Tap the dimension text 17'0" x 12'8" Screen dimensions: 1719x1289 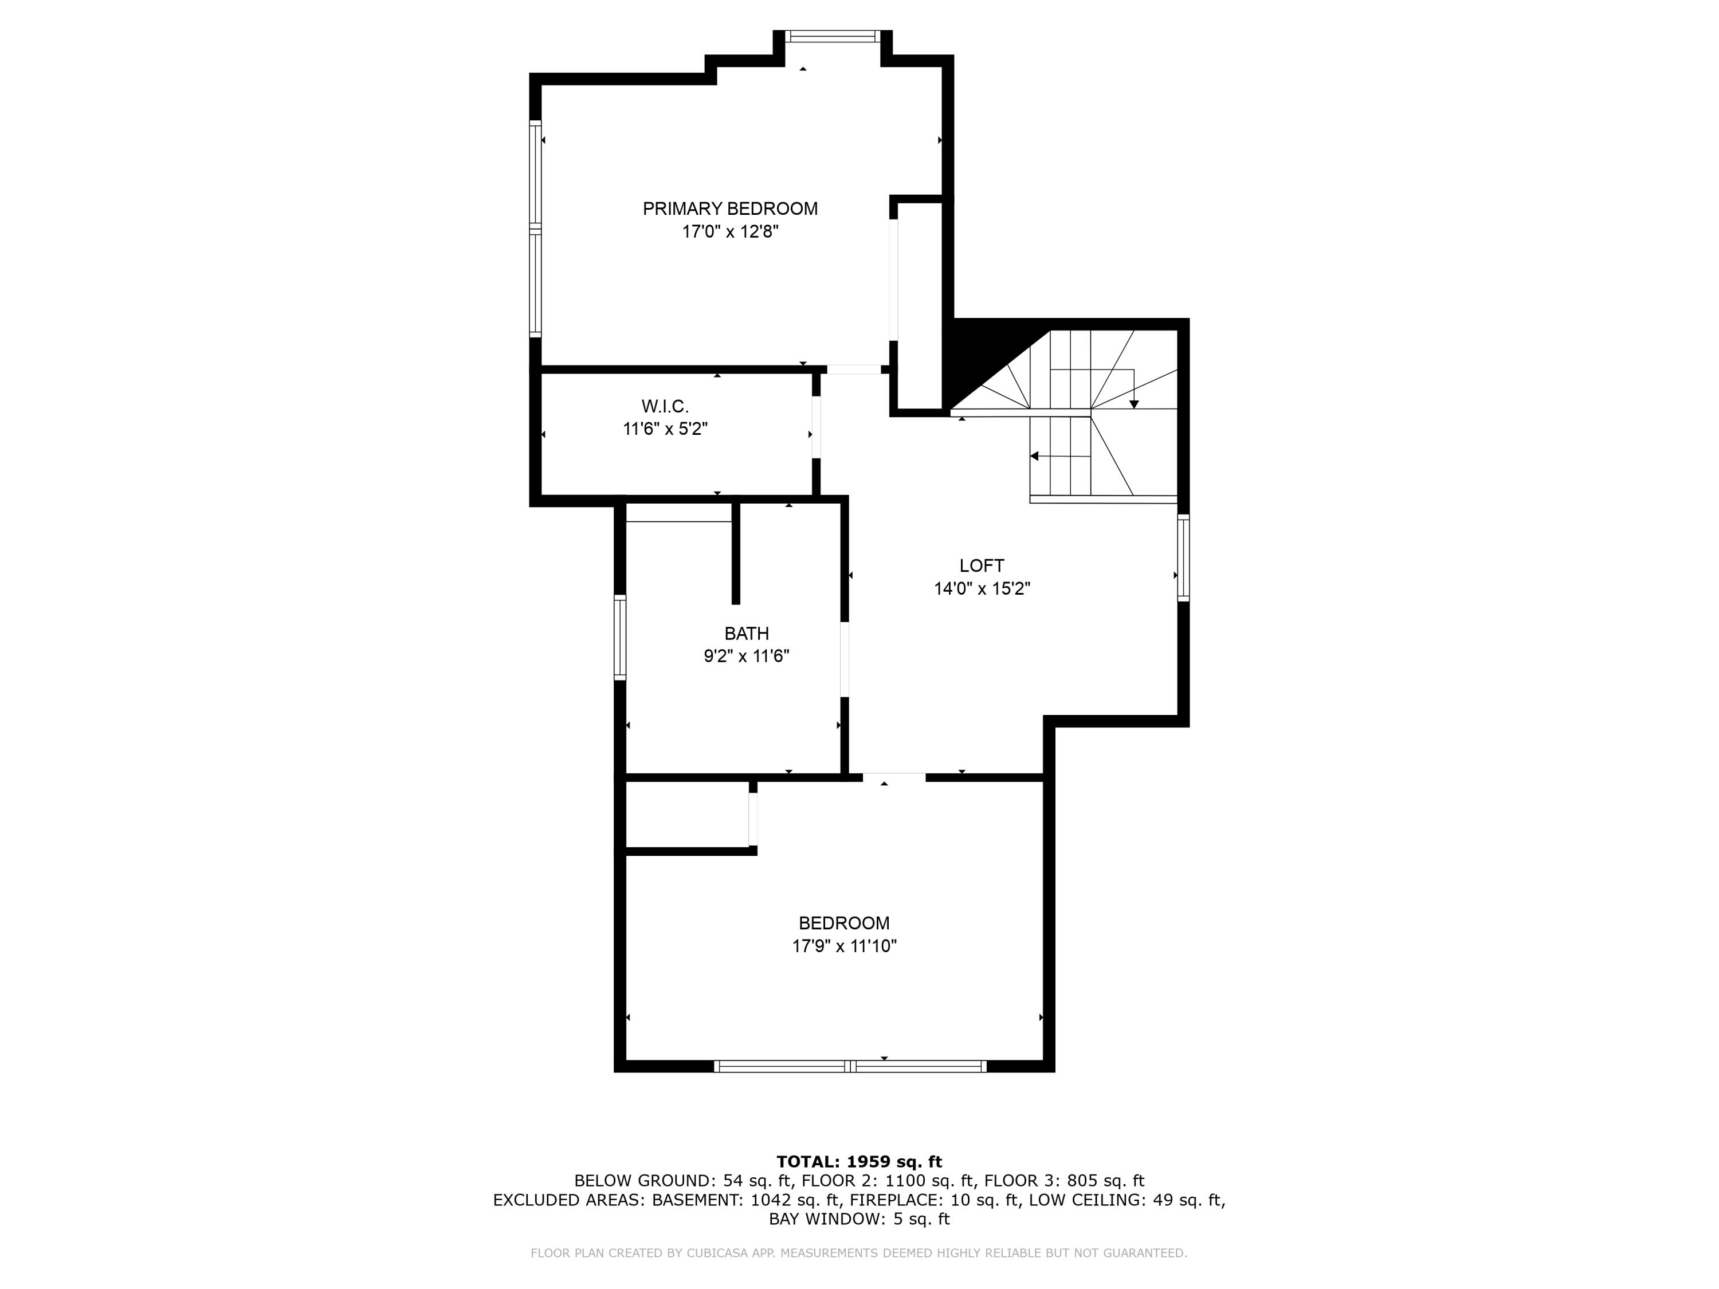730,231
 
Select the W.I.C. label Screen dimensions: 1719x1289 665,406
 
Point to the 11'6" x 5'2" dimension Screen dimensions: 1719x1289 665,429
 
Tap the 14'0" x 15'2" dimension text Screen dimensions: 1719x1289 982,589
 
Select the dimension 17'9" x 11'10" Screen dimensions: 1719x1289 844,946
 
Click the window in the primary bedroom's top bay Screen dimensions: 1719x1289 833,36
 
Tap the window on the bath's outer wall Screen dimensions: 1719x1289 620,637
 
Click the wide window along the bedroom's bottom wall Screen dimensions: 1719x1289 850,1066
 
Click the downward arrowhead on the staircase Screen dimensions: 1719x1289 1134,404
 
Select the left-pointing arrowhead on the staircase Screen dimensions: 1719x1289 1034,456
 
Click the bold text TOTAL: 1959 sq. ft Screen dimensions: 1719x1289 859,1162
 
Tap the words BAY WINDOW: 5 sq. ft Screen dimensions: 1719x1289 859,1219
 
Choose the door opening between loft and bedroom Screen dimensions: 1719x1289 894,777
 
